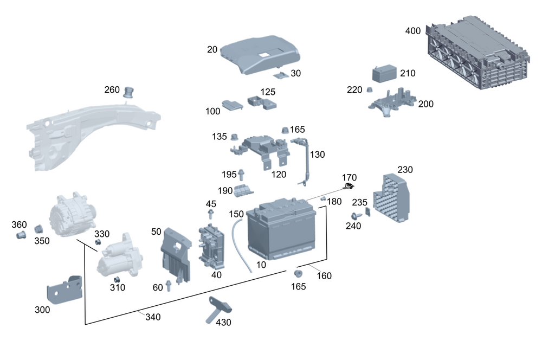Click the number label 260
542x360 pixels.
(112, 89)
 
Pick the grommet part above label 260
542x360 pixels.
(130, 91)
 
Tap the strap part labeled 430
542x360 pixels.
(218, 309)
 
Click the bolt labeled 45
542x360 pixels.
(211, 215)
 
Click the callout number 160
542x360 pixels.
(324, 275)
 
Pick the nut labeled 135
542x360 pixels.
(235, 136)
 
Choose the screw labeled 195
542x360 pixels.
(241, 175)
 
